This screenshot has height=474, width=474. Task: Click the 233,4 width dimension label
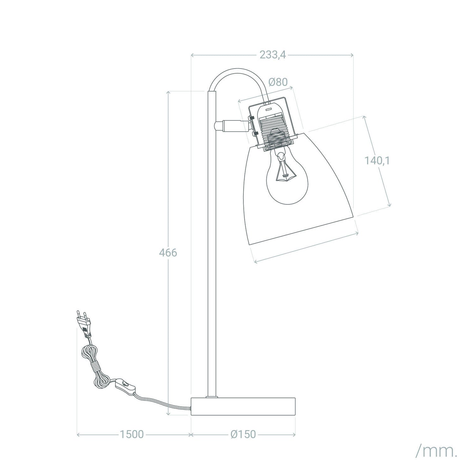pos(273,55)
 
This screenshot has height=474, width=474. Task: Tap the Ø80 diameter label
pos(278,82)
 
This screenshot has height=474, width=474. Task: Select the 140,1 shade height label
pos(377,161)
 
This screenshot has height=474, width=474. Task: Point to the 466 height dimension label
pos(168,253)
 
